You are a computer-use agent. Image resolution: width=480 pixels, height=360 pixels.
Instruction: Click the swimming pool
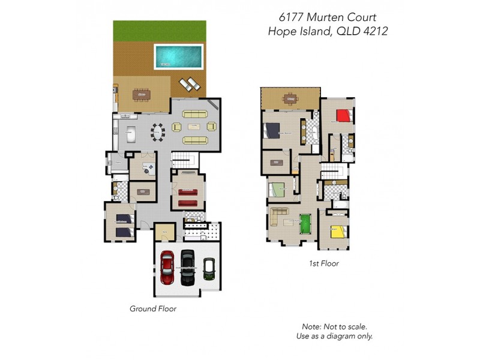[x=179, y=56]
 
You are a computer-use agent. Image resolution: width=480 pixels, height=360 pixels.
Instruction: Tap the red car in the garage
[x=167, y=267]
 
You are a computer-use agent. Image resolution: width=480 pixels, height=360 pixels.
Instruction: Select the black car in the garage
[x=188, y=267]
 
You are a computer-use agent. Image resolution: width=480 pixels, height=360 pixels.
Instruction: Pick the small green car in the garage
[x=209, y=269]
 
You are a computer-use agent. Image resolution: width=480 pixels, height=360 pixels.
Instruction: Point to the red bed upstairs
[x=343, y=115]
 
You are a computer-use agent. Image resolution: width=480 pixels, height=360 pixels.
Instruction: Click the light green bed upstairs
[x=280, y=190]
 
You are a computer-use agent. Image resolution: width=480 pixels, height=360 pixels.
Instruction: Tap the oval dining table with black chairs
[x=158, y=131]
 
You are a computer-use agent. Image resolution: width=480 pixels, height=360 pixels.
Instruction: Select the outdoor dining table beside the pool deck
[x=142, y=94]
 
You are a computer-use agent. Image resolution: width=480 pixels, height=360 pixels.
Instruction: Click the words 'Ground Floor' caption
[x=153, y=309]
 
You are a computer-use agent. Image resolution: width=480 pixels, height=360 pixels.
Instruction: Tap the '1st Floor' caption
[x=323, y=263]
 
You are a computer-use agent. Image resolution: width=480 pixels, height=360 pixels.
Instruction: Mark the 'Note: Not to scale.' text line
[x=335, y=326]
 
